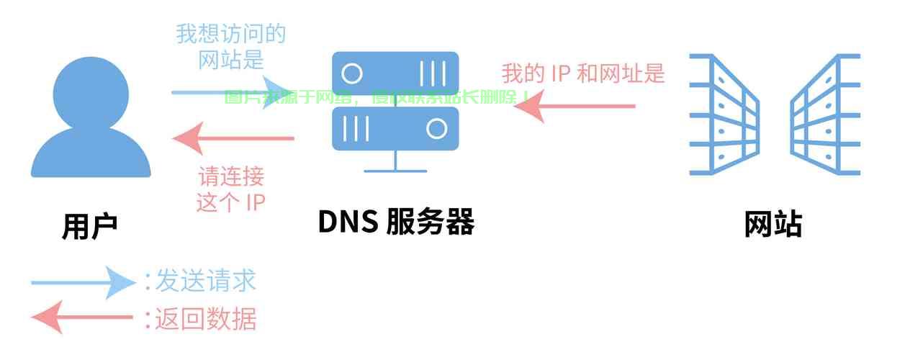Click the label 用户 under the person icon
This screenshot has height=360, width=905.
pyautogui.click(x=89, y=226)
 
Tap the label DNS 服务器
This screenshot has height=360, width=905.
pyautogui.click(x=396, y=222)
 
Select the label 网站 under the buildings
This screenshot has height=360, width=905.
pyautogui.click(x=773, y=225)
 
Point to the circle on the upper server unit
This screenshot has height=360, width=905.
pyautogui.click(x=352, y=73)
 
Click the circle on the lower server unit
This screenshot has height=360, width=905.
pyautogui.click(x=436, y=129)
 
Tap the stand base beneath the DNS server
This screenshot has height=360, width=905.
pyautogui.click(x=395, y=170)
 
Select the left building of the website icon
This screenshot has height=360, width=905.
pyautogui.click(x=723, y=115)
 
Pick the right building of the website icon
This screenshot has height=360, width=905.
pyautogui.click(x=827, y=115)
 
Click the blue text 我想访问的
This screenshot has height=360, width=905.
pyautogui.click(x=230, y=34)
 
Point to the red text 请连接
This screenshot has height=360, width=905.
pyautogui.click(x=231, y=176)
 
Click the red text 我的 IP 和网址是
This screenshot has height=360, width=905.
pyautogui.click(x=582, y=73)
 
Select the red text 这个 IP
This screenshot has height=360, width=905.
pyautogui.click(x=231, y=202)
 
